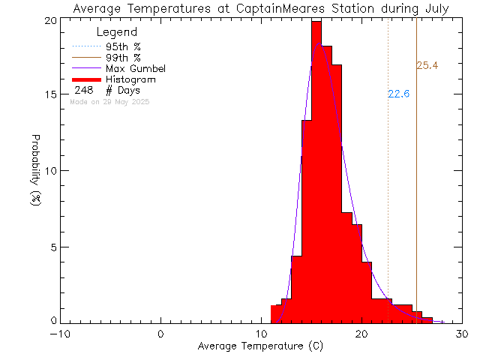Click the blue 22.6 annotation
click(397, 94)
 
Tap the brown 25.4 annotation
click(427, 66)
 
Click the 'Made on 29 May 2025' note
click(109, 101)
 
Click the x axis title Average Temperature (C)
click(261, 346)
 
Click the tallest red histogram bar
click(316, 172)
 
